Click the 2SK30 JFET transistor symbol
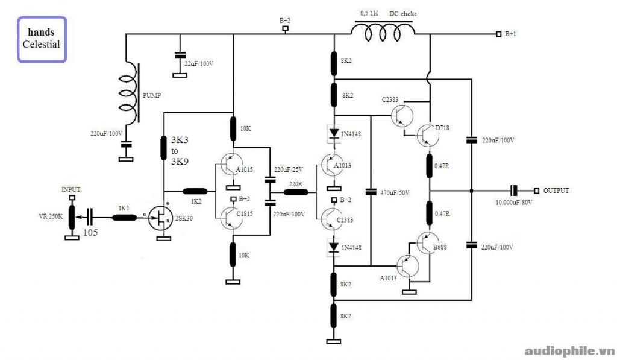(160, 218)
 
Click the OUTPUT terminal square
(536, 191)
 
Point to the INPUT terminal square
(72, 197)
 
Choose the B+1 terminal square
(498, 34)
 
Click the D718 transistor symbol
(428, 136)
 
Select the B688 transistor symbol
(428, 243)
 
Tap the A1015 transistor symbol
(232, 164)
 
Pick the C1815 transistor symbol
(232, 218)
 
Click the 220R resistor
(296, 192)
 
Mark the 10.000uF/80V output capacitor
(514, 191)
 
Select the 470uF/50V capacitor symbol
(371, 192)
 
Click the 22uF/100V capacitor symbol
(180, 55)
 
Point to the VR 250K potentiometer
(72, 217)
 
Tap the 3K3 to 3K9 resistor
(164, 148)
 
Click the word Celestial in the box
(42, 44)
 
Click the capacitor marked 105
(90, 218)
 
